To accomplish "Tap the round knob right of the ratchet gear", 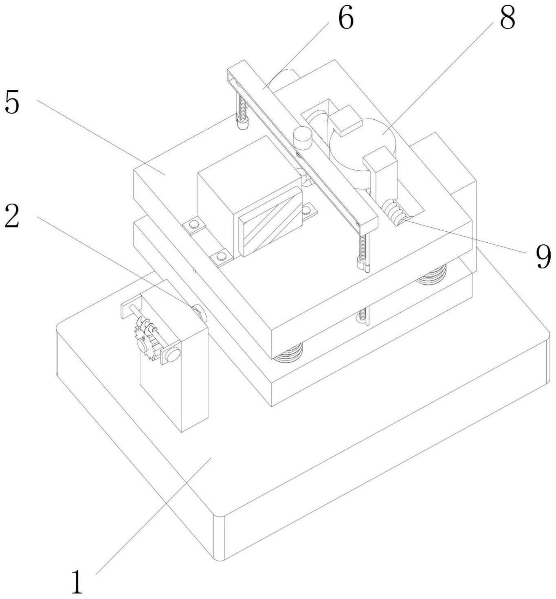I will [x=172, y=354].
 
